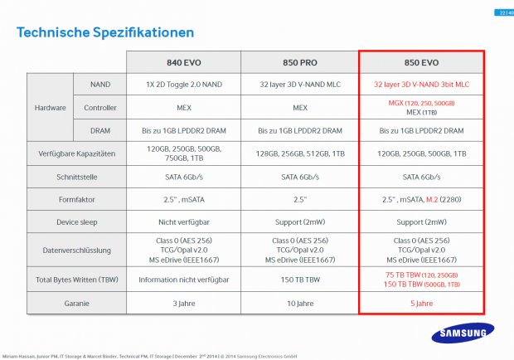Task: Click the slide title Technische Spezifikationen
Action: tap(105, 32)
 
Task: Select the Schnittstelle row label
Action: tap(77, 178)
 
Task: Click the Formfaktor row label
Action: tap(77, 200)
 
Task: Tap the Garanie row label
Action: tap(77, 304)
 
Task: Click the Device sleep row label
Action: tap(77, 223)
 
